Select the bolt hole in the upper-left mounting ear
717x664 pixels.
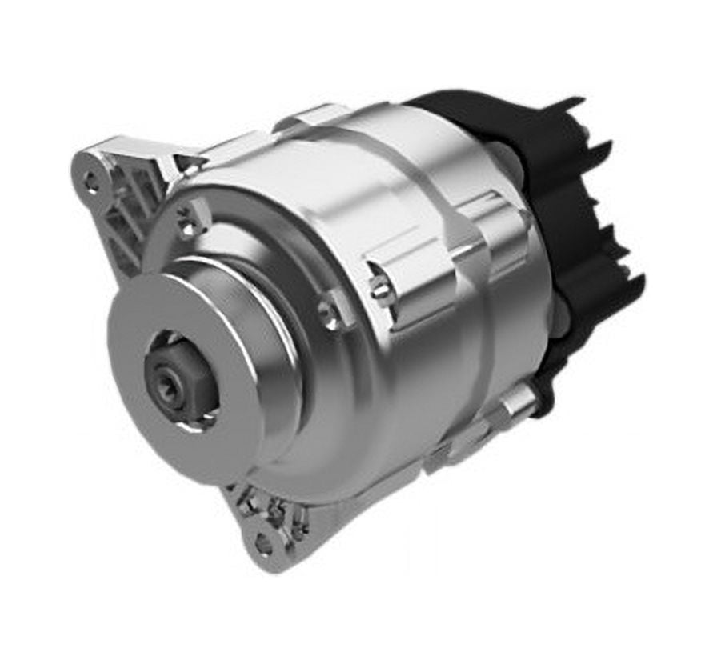(x=91, y=182)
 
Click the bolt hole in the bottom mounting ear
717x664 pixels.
(x=262, y=544)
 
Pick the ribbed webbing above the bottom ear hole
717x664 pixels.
(x=276, y=512)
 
